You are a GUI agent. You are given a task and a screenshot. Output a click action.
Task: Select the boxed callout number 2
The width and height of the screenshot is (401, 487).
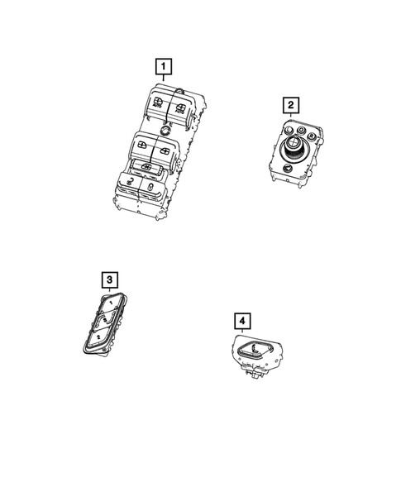[290, 104]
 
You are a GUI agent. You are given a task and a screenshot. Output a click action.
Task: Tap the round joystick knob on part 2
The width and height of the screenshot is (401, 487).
[293, 150]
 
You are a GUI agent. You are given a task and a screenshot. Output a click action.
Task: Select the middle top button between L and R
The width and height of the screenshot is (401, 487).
[298, 130]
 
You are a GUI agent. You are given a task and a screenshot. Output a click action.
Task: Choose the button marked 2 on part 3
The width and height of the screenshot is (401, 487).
[98, 337]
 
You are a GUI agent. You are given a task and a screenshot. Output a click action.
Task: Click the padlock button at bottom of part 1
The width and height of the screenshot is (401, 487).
[154, 190]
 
